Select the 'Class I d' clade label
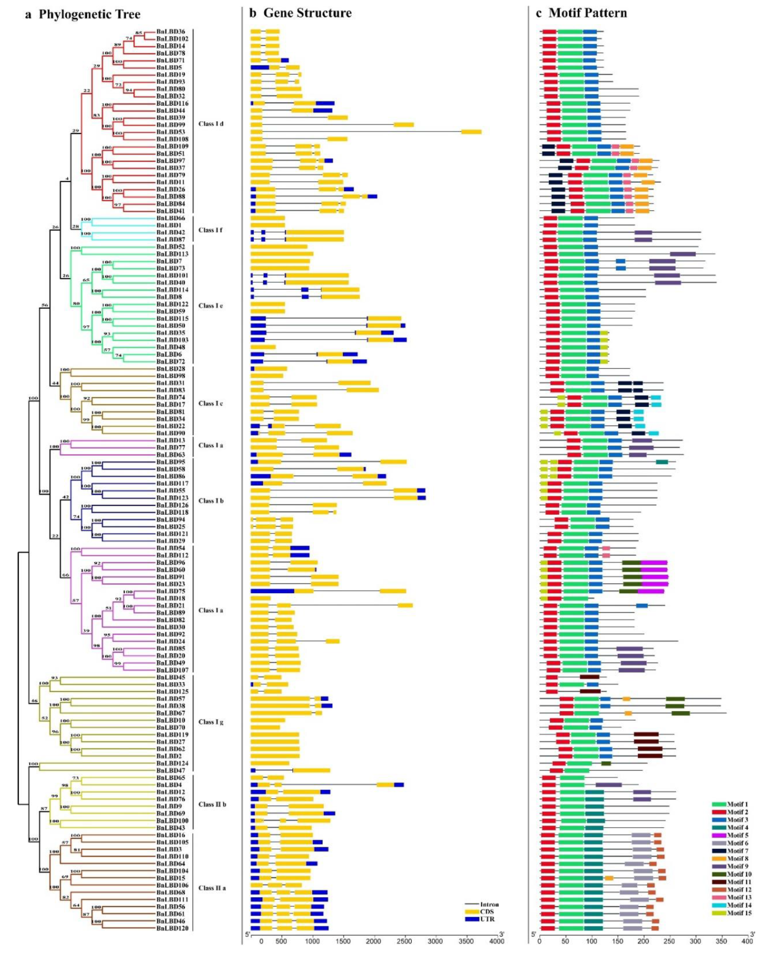pyautogui.click(x=211, y=124)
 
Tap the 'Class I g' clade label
pyautogui.click(x=211, y=722)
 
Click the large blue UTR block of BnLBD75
pyautogui.click(x=272, y=591)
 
